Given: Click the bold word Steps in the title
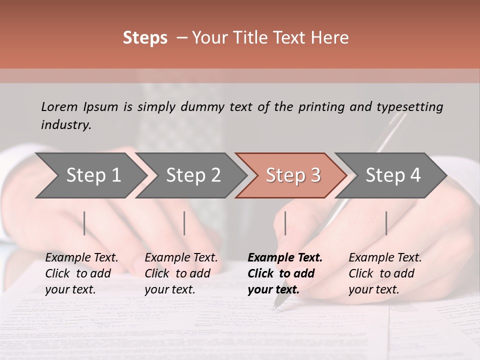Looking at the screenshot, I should pos(145,38).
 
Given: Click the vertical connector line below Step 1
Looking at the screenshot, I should pos(84,223).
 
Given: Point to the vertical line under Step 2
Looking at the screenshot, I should pos(184,223).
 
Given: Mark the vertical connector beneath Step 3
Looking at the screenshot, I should pos(285,223).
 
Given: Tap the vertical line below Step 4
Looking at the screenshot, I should pos(386,223).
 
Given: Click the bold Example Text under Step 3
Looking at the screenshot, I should pos(285,258).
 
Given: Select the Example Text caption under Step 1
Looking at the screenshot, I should pos(81,258).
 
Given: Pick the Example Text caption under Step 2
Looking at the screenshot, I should pos(181,258).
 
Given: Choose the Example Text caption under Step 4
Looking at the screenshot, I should pos(385,258).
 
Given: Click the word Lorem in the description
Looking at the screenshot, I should pos(59,106).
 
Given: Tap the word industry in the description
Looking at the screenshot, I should pos(66,125).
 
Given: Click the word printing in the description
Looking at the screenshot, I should pos(321,107).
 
